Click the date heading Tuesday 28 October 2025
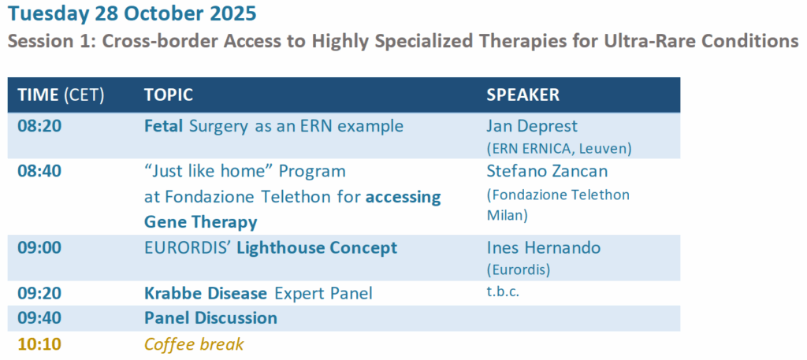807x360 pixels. (132, 14)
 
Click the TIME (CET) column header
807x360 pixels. (61, 95)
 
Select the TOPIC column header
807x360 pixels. (169, 95)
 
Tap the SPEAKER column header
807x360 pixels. (523, 95)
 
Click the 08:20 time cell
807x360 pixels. (39, 126)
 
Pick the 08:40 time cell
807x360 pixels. (39, 171)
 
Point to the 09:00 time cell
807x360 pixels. (39, 247)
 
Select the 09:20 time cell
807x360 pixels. (39, 293)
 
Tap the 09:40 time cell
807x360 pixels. (39, 317)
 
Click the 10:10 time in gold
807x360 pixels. (39, 343)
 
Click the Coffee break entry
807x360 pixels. (194, 343)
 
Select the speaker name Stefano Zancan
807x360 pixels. (548, 171)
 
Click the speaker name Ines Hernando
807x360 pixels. (544, 247)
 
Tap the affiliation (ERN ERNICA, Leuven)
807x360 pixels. (559, 148)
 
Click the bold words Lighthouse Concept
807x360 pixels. (317, 248)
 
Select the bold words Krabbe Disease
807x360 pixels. (206, 293)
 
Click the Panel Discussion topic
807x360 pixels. (210, 317)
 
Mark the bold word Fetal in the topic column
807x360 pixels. (164, 126)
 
